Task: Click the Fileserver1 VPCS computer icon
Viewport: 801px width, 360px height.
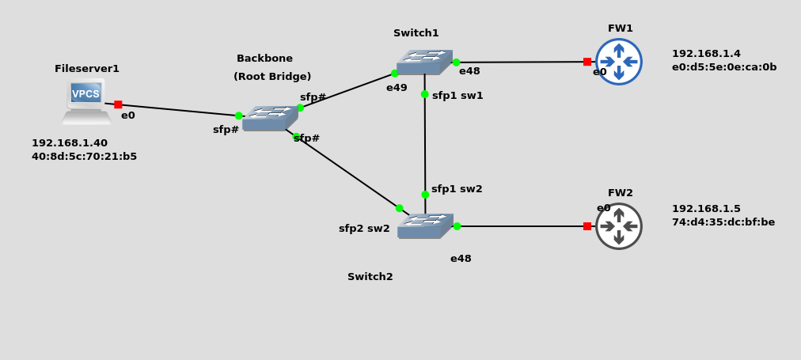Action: [86, 100]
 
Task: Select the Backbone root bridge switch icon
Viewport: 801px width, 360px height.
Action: [270, 119]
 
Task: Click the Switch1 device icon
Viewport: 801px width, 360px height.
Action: [424, 63]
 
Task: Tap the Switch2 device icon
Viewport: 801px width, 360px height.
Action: [425, 226]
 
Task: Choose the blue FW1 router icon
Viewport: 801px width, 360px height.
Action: [619, 62]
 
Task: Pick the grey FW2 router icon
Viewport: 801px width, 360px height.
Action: [619, 226]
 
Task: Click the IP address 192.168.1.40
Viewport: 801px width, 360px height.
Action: [70, 143]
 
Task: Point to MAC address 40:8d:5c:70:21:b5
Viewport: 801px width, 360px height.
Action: [84, 157]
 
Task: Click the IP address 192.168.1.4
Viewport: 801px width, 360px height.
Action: [706, 54]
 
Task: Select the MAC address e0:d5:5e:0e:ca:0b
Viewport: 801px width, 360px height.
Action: [724, 67]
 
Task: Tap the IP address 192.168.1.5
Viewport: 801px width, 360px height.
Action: [706, 209]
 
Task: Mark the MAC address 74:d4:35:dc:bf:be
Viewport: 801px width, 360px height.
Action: [723, 222]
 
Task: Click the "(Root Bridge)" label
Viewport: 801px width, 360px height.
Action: [272, 77]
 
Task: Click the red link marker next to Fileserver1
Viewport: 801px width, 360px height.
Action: [118, 104]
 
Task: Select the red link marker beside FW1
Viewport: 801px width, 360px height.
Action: [587, 62]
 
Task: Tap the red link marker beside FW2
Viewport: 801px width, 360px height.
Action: [587, 226]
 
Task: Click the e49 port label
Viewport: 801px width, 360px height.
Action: [397, 88]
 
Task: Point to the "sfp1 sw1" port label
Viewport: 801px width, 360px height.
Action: [457, 96]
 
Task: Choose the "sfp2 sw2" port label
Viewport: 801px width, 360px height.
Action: [364, 229]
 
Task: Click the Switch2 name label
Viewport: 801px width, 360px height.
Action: [370, 277]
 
